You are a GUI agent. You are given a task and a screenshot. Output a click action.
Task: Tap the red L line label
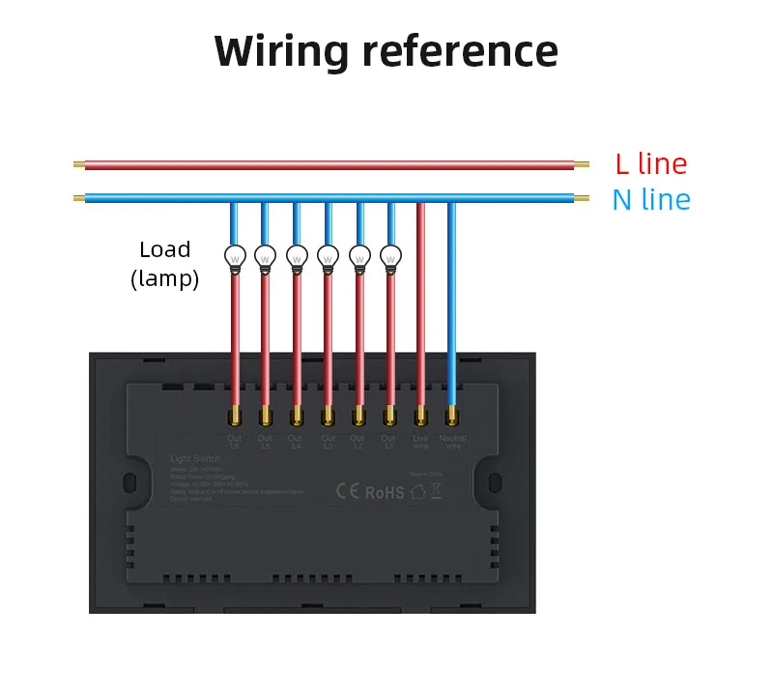tap(650, 163)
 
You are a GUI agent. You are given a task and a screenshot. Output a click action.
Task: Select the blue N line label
tap(650, 200)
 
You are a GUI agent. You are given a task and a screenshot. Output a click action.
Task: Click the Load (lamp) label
tap(164, 264)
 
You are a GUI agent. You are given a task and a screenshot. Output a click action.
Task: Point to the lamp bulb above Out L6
tap(235, 257)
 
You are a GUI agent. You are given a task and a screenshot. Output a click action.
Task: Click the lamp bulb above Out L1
tap(389, 257)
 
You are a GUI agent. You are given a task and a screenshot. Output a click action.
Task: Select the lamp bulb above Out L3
tap(328, 257)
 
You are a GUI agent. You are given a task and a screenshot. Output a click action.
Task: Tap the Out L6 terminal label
tap(235, 442)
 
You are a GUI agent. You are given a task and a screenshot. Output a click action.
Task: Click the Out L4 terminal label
tap(297, 442)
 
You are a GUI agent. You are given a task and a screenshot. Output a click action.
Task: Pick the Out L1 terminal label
tap(389, 442)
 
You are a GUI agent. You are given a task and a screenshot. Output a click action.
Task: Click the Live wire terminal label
tap(420, 442)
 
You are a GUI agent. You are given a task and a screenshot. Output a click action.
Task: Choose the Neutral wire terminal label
tap(452, 442)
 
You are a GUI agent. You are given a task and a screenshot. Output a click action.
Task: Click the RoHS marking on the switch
tap(384, 491)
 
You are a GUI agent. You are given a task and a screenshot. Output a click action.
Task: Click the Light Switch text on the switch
tap(194, 458)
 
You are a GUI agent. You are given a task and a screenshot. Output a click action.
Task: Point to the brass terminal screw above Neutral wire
tap(451, 417)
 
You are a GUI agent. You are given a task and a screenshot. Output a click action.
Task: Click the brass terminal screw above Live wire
tap(420, 417)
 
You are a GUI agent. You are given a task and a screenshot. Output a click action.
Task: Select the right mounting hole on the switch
tap(496, 482)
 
